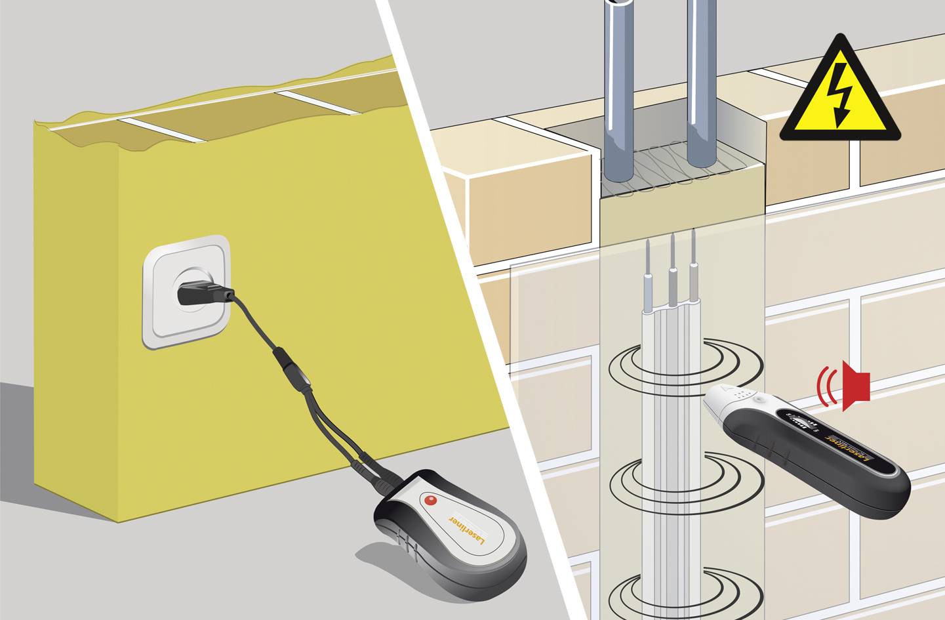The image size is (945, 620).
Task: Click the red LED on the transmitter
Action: (x=430, y=501)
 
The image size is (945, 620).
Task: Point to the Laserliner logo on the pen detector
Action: (x=851, y=448)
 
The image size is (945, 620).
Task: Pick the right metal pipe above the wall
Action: (x=702, y=79)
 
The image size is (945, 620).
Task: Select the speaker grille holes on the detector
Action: (x=741, y=394)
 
